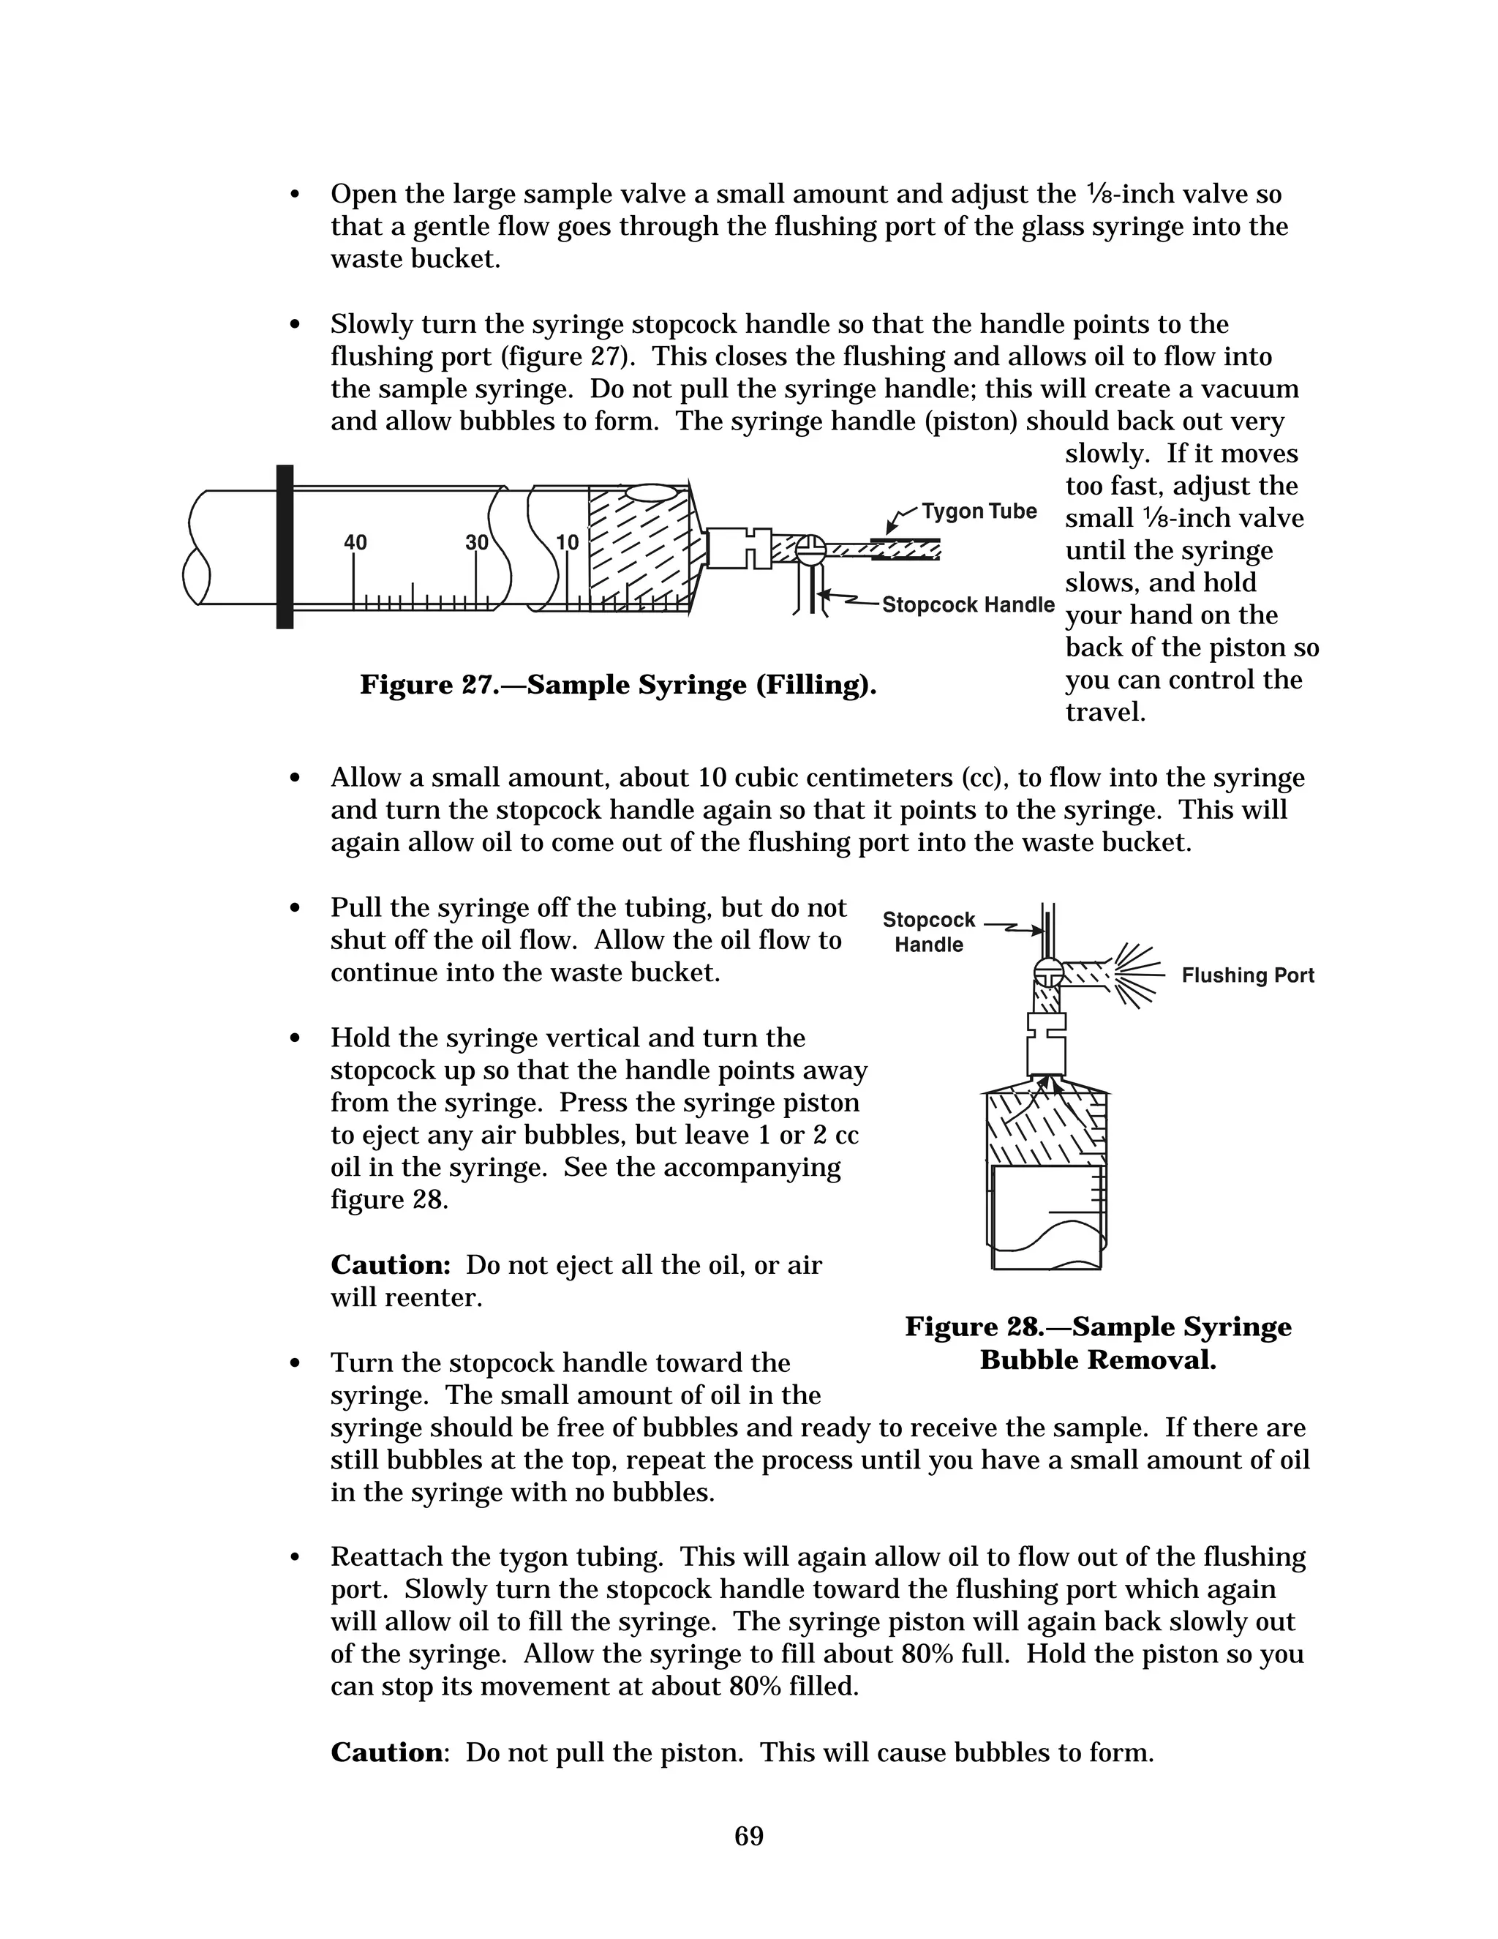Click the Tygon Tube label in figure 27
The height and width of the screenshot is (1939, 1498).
point(979,511)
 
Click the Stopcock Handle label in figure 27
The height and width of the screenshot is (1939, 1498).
point(967,606)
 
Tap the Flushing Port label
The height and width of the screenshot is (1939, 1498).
point(1247,975)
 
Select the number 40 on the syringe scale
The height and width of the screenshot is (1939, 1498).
point(355,542)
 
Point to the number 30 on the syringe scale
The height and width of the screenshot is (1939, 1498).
point(477,542)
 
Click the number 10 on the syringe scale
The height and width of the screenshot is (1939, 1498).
point(566,542)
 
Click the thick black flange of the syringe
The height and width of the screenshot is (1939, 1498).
point(285,547)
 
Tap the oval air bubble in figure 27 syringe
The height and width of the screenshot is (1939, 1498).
point(652,492)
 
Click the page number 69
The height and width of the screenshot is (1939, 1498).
point(749,1836)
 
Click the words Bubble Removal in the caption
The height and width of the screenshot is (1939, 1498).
point(1098,1360)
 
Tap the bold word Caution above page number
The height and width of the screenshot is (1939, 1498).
point(386,1752)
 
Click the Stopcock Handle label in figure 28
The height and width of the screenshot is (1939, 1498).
point(928,932)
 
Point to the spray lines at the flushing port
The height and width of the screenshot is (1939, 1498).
point(1137,975)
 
